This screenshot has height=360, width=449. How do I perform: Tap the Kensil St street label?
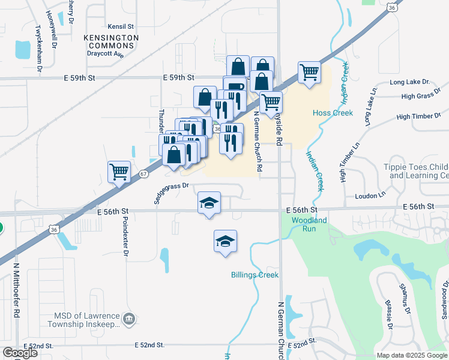pyautogui.click(x=121, y=27)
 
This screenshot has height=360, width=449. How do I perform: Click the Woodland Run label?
pyautogui.click(x=309, y=224)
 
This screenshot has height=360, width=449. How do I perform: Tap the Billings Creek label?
pyautogui.click(x=255, y=275)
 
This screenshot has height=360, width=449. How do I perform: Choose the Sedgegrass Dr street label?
pyautogui.click(x=171, y=193)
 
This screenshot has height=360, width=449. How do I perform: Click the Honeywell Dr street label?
pyautogui.click(x=53, y=32)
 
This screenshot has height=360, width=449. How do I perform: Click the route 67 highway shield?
pyautogui.click(x=143, y=174)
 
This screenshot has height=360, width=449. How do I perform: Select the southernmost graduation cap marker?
pyautogui.click(x=225, y=242)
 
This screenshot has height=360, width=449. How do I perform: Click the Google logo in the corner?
pyautogui.click(x=20, y=353)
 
